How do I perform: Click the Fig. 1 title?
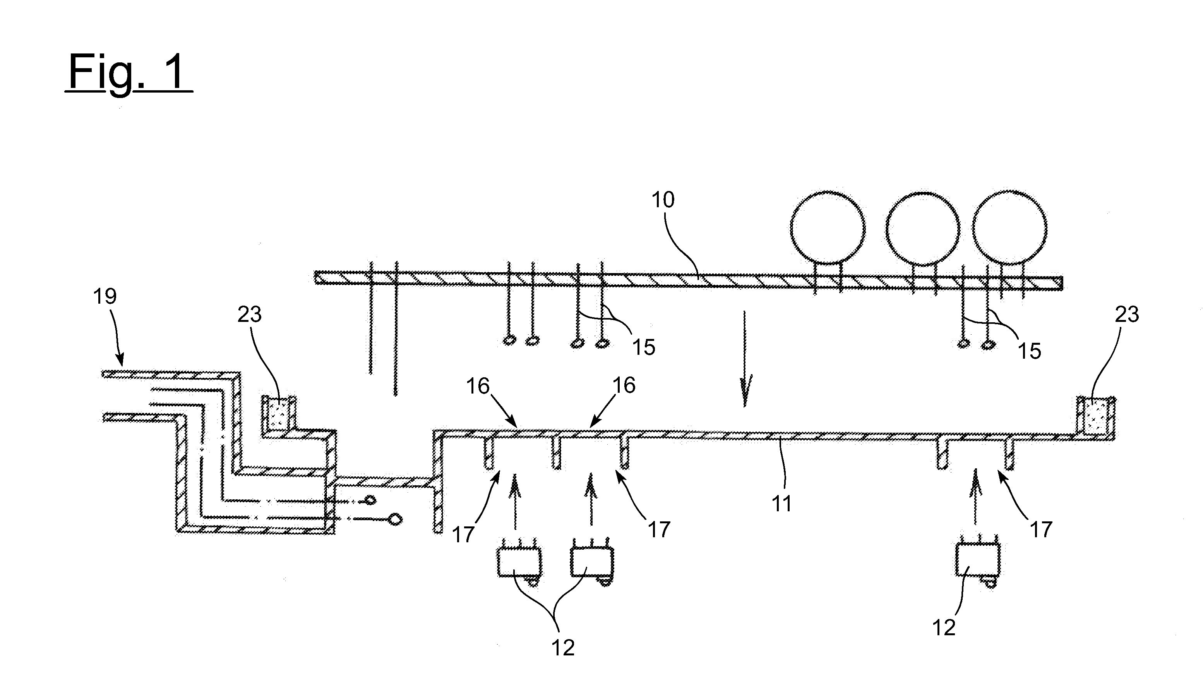click(x=129, y=72)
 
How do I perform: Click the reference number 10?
click(x=663, y=200)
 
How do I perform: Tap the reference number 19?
click(x=105, y=297)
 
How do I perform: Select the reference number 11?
click(x=781, y=504)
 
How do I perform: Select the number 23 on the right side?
click(x=1127, y=315)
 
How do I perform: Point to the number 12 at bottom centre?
click(x=563, y=648)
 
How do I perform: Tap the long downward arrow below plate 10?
click(x=745, y=358)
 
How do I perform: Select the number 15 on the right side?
click(x=1029, y=351)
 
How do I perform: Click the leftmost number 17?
click(x=463, y=535)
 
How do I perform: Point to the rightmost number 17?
click(x=1041, y=530)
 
